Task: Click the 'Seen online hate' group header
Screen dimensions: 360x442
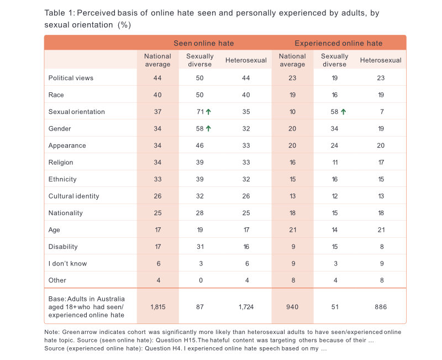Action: click(x=204, y=43)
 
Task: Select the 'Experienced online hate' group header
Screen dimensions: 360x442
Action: click(x=338, y=43)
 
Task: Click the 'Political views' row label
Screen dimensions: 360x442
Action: click(x=71, y=78)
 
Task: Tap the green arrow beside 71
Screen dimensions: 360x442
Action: click(x=209, y=112)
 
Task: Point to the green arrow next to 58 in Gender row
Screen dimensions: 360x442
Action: click(x=209, y=129)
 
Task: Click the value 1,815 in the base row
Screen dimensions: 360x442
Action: click(x=157, y=306)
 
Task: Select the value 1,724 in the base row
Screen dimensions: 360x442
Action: click(x=246, y=306)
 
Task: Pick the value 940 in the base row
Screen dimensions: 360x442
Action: click(x=292, y=306)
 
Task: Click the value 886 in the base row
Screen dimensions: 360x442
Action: click(x=380, y=306)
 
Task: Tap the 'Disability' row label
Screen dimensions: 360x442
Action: click(x=63, y=247)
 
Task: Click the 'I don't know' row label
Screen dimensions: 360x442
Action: click(x=67, y=264)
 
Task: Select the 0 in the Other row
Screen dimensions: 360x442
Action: click(x=200, y=280)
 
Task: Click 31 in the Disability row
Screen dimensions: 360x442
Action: click(x=200, y=247)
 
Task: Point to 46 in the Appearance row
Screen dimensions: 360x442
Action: click(x=200, y=146)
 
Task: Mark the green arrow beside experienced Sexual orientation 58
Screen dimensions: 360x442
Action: click(x=344, y=112)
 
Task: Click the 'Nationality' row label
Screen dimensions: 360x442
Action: click(x=65, y=213)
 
